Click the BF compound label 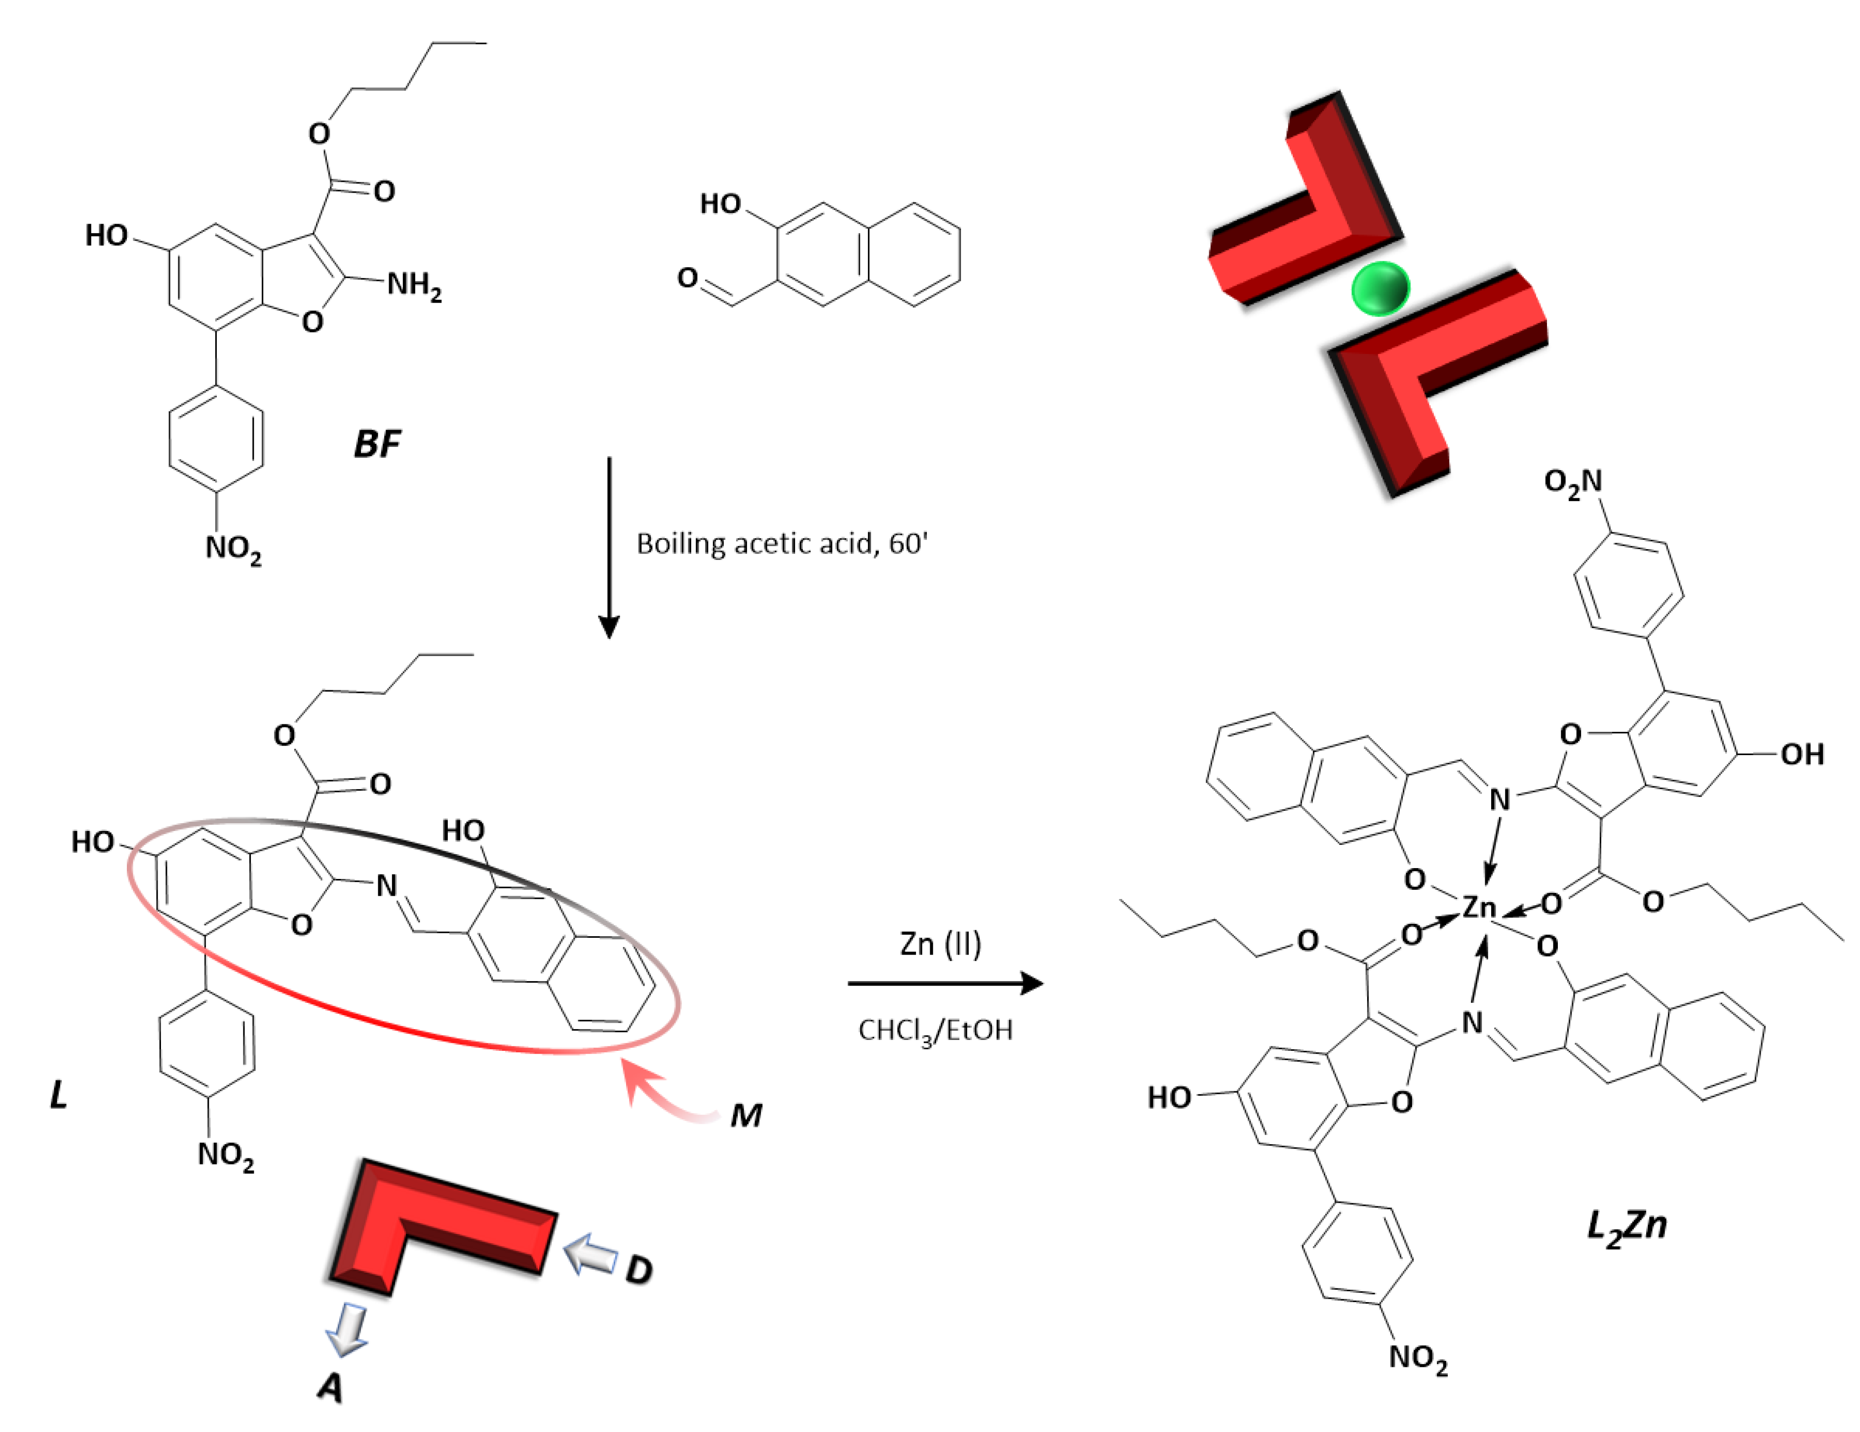tap(376, 444)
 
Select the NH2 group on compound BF tap(414, 285)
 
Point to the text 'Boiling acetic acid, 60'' tap(782, 544)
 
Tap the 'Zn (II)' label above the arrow tap(940, 944)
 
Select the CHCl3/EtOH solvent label tap(935, 1031)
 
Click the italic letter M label tap(746, 1115)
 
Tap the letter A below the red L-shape tap(330, 1388)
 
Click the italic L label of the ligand tap(58, 1095)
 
